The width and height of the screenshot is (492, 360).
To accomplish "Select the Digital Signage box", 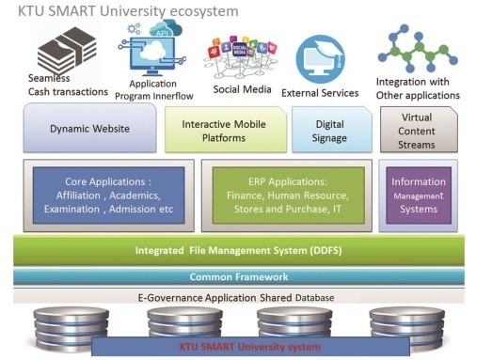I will click(x=329, y=129).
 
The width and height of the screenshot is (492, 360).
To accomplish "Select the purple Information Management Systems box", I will click(x=419, y=195).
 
